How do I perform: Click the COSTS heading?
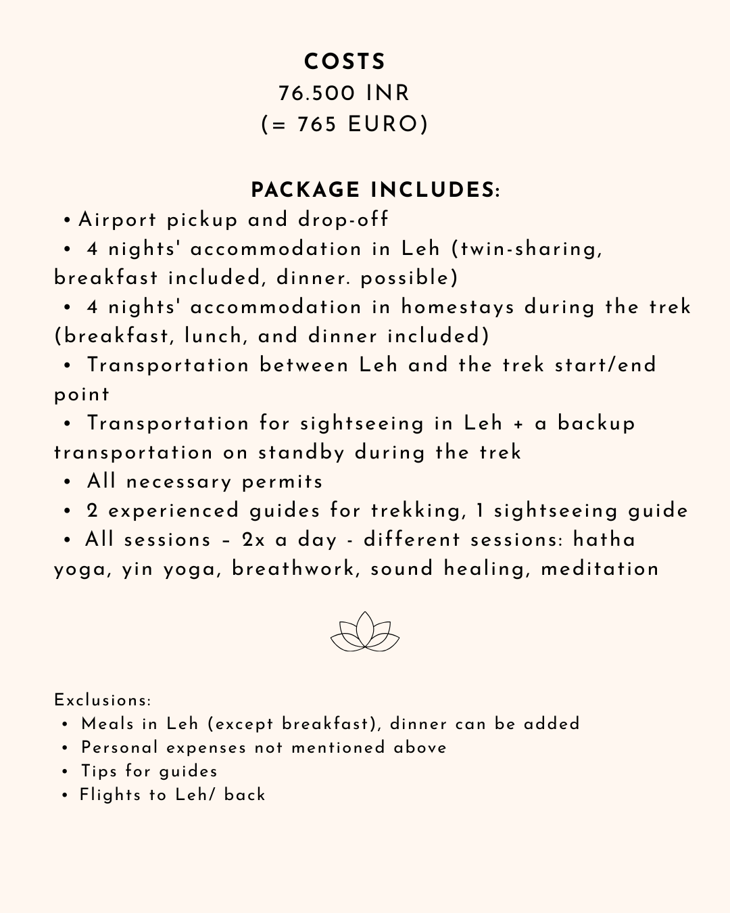coord(345,62)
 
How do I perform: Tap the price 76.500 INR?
coord(344,93)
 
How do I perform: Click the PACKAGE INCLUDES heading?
coord(375,190)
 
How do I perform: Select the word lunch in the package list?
coord(212,336)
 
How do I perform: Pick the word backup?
coord(596,423)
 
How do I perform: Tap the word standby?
coord(301,452)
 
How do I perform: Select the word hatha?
coord(604,540)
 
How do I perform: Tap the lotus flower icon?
coord(365,632)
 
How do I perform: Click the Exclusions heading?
coord(103,700)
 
